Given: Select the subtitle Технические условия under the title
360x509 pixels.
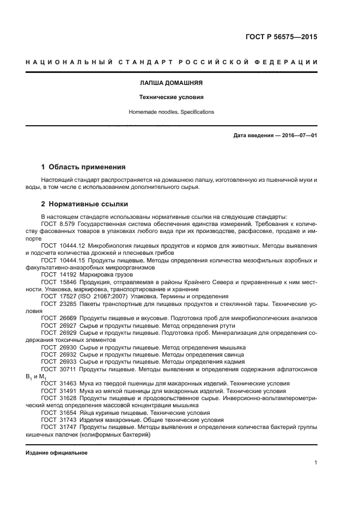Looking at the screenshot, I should (172, 97).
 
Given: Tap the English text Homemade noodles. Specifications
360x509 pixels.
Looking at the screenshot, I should (172, 112).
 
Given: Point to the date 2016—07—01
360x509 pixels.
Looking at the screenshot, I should (299, 136).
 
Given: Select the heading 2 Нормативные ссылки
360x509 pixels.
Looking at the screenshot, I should (85, 204).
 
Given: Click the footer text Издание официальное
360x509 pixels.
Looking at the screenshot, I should (57, 453).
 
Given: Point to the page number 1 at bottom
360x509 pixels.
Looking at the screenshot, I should (316, 463).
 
